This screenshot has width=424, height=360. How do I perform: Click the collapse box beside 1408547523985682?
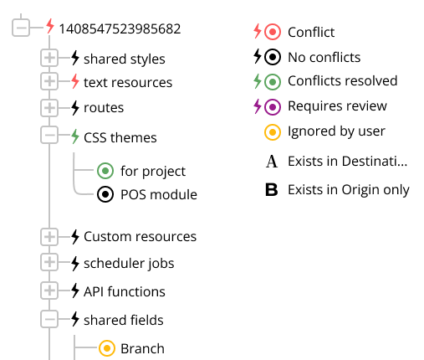[21, 28]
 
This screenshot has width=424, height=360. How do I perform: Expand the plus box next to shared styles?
[49, 58]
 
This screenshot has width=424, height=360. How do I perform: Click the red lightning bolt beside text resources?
[75, 81]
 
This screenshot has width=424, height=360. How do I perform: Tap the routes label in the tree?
[104, 108]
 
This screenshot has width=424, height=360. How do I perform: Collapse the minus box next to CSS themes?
[49, 135]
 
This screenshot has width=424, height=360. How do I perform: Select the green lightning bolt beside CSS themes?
[75, 136]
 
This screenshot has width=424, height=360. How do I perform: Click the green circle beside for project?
[105, 171]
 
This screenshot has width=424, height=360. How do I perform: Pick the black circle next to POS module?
[105, 194]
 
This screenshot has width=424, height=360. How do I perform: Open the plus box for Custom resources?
[49, 237]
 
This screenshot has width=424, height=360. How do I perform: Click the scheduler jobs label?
[129, 264]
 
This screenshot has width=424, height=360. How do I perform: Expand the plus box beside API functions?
[49, 291]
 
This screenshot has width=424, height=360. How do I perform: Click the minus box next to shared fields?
[49, 319]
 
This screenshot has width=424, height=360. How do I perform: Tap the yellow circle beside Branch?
[107, 348]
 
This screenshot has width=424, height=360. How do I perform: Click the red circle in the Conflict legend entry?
[273, 32]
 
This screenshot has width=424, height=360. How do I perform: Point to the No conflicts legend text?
[324, 57]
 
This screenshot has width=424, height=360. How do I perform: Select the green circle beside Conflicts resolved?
[273, 82]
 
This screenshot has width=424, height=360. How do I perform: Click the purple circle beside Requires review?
[273, 107]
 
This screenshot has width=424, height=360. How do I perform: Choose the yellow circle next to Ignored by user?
[273, 132]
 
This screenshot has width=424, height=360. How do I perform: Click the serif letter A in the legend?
[272, 162]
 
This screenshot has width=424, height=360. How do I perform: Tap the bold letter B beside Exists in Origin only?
[272, 190]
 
